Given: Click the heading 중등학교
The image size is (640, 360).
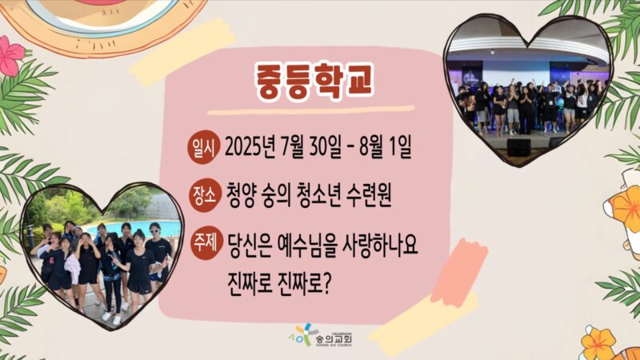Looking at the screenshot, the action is click(x=314, y=82).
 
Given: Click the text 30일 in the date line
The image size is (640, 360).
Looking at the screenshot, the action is click(x=325, y=147).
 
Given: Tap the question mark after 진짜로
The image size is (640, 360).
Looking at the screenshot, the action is click(x=326, y=284).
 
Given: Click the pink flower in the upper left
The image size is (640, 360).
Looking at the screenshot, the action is click(x=11, y=55).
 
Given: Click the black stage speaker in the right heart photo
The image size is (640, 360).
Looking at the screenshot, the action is click(x=518, y=147).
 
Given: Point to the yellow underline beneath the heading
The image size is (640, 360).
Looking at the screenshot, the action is click(x=311, y=110).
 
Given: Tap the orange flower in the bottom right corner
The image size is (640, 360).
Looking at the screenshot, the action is click(x=598, y=344).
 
